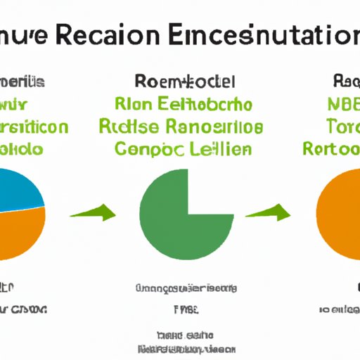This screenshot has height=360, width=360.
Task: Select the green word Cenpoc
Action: [148, 149]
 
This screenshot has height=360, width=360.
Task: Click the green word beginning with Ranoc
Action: [215, 127]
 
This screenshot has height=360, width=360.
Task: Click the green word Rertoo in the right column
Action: [330, 149]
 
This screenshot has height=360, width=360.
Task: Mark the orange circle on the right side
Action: [341, 214]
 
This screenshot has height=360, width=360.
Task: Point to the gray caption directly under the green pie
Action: [186, 288]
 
